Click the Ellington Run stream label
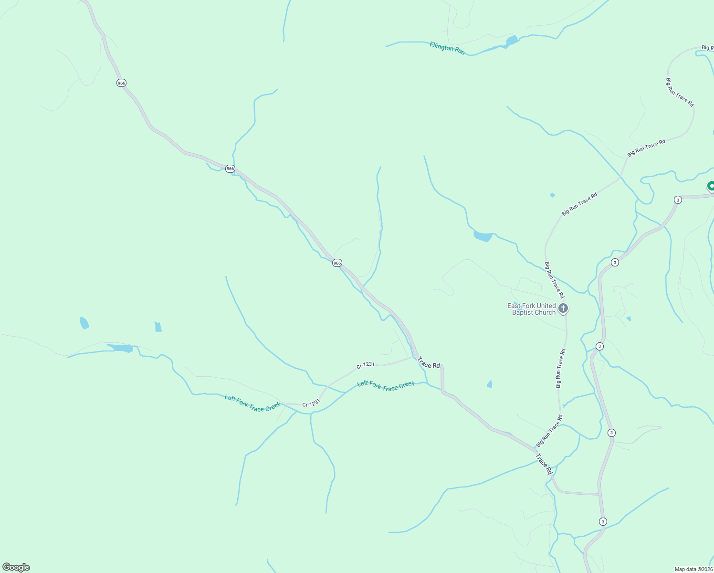tap(447, 48)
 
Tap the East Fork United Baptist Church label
tap(532, 309)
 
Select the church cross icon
tap(563, 308)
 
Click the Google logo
tap(16, 567)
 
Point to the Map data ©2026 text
tap(693, 569)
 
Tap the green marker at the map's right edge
tap(711, 186)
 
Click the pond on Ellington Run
tap(512, 41)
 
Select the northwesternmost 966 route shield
tap(121, 83)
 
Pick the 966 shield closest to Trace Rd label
tap(337, 263)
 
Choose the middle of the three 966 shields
tap(230, 169)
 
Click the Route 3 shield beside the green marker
tap(678, 200)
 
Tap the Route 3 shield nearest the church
tap(599, 346)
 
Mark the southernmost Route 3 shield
tap(603, 521)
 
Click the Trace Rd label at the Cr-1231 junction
tap(429, 362)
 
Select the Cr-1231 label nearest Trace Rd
tap(365, 365)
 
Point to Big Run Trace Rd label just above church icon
tap(554, 280)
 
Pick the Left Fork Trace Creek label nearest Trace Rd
tap(386, 385)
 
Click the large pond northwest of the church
tap(483, 236)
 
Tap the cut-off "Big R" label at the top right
tap(707, 48)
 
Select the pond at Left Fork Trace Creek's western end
tap(120, 348)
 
